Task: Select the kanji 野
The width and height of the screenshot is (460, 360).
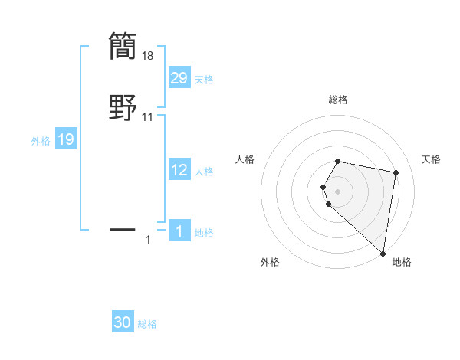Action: (123, 109)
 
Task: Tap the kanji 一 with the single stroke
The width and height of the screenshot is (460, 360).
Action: (123, 228)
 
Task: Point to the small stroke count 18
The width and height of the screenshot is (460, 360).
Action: (149, 56)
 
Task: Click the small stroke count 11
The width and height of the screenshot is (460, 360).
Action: (149, 117)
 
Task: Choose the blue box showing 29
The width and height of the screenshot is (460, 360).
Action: (179, 78)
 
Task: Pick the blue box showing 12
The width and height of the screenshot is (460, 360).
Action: (179, 171)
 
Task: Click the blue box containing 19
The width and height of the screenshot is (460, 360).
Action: (66, 139)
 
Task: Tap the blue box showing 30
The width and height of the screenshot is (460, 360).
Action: (123, 323)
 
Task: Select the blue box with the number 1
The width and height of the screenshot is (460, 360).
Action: (179, 231)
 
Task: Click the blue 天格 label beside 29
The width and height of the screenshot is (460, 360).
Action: (204, 80)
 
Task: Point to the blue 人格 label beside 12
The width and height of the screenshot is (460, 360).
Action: (204, 172)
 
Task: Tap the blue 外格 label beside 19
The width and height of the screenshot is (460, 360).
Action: (41, 141)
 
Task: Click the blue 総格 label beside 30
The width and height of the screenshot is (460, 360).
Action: (147, 324)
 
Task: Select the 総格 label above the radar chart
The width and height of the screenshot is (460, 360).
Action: (338, 100)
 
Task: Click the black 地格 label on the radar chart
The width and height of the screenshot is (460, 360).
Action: (402, 262)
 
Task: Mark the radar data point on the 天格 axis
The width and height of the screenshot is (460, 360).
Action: (396, 173)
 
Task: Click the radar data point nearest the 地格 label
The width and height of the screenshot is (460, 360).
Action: (383, 253)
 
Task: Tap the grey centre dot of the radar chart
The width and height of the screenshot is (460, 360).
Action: (338, 191)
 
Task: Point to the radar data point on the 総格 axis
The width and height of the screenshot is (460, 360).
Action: (338, 162)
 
